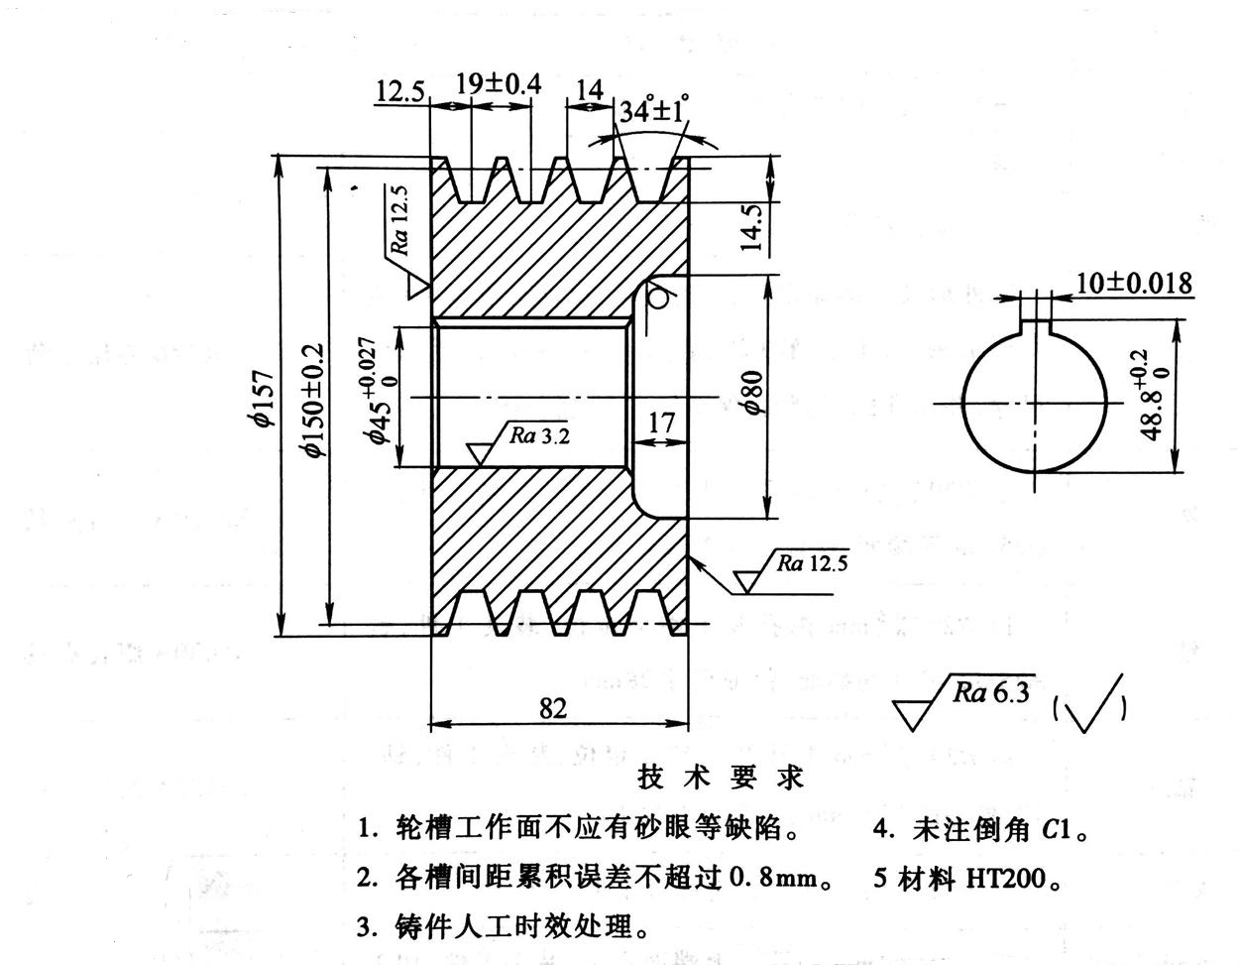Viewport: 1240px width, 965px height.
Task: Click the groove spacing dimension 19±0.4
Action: pyautogui.click(x=499, y=83)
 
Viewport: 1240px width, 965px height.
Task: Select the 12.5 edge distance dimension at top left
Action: pyautogui.click(x=400, y=92)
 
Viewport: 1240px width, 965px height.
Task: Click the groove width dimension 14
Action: pyautogui.click(x=589, y=90)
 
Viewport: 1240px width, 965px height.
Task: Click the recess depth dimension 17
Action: pyautogui.click(x=661, y=422)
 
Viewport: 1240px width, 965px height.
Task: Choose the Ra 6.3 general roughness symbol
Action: pyautogui.click(x=987, y=693)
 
